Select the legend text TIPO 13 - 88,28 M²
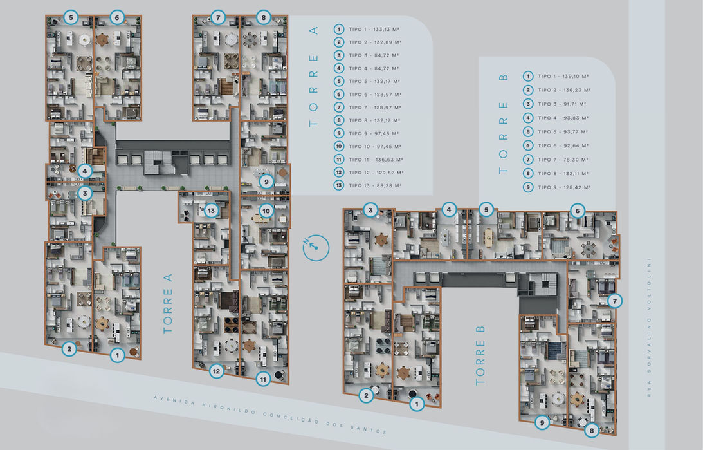375,185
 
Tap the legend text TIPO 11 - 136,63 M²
375,160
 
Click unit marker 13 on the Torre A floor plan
212,210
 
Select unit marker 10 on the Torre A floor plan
266,210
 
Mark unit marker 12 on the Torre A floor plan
217,370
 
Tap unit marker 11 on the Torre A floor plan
263,379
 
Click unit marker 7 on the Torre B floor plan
614,301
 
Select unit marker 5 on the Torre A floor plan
70,17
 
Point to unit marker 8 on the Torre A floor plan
262,17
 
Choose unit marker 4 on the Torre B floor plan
449,209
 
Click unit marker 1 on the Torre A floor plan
116,354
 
